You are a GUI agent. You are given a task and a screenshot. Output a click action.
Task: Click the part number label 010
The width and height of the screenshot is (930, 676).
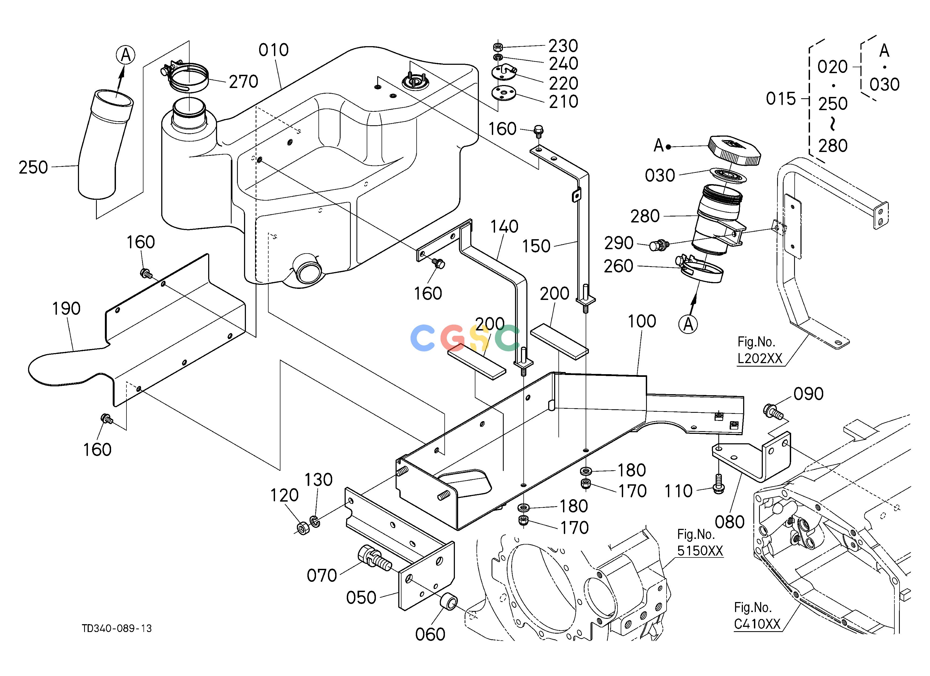[x=273, y=50]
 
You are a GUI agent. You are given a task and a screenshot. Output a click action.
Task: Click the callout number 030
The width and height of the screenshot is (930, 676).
[x=660, y=175]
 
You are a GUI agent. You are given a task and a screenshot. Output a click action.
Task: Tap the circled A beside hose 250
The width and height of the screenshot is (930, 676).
[x=125, y=55]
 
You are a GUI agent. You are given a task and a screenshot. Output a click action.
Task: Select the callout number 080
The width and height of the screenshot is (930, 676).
[x=729, y=522]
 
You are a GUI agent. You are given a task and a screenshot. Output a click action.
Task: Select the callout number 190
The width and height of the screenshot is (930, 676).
[x=66, y=309]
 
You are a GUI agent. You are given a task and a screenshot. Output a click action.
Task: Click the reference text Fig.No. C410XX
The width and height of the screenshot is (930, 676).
[x=757, y=616]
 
